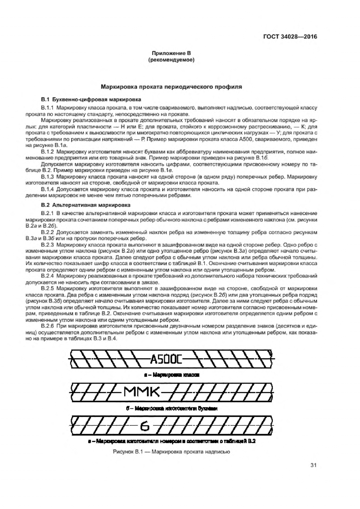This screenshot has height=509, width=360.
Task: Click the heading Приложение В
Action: click(171, 54)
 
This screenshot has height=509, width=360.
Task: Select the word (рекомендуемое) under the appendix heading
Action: click(171, 60)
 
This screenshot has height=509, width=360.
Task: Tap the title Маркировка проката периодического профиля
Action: click(171, 87)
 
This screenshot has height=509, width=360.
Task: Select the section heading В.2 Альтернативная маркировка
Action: click(86, 205)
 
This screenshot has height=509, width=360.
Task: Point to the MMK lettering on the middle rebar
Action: click(141, 393)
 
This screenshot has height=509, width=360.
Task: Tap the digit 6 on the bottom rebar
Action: click(145, 426)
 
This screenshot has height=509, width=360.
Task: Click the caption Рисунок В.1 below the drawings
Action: click(171, 452)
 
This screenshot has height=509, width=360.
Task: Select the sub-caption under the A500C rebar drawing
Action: click(171, 375)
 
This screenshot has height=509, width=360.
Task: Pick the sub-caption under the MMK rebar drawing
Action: click(171, 408)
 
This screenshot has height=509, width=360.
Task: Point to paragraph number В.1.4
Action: click(47, 190)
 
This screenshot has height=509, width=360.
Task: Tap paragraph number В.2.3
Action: click(47, 245)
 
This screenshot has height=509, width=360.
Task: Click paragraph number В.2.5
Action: click(47, 288)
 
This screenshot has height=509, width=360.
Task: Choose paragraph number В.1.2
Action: click(47, 152)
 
